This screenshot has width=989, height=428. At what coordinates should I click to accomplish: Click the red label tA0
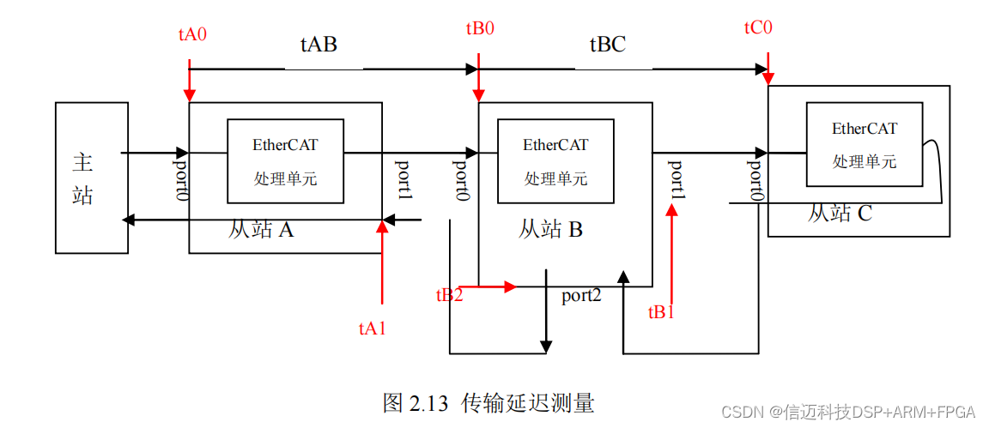pos(192,35)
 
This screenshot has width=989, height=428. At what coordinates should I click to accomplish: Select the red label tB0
pos(480,28)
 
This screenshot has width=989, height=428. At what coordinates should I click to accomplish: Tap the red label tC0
pos(758,27)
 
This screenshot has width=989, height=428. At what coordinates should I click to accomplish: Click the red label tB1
pos(661,312)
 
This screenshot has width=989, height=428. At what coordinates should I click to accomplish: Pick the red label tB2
pos(449,295)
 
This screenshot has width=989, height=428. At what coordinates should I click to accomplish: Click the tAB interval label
pos(319,45)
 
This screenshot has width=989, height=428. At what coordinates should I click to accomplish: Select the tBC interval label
pos(607,45)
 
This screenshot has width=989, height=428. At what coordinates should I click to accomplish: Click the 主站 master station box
pos(91,178)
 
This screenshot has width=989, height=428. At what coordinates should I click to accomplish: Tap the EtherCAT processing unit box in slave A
pos(284,161)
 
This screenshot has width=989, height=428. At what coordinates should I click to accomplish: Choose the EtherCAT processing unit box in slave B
pos(555,161)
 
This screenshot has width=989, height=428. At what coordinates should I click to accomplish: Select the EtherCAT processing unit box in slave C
pos(864,144)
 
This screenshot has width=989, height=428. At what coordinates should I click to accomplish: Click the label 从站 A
pos(261,230)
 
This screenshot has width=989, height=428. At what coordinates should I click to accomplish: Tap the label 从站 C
pos(839,213)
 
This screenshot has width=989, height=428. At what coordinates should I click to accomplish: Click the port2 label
pos(581,296)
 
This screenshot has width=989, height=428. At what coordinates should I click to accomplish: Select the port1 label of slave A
pos(403,180)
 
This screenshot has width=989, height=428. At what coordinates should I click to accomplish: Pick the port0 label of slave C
pos(755,180)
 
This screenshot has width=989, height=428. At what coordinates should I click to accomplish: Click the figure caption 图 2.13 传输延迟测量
pos(488,402)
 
